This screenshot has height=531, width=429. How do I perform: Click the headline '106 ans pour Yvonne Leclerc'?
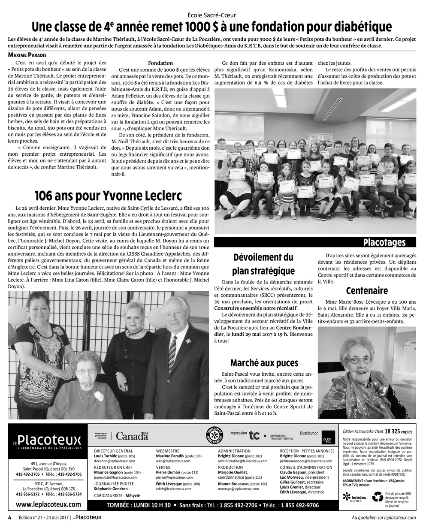(x=108, y=196)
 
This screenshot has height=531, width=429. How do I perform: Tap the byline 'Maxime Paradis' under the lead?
(x=26, y=54)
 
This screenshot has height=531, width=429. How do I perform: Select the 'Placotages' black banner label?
(x=384, y=242)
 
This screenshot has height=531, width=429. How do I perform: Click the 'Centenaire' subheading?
(x=366, y=291)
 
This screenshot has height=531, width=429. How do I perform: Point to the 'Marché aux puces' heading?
(x=264, y=363)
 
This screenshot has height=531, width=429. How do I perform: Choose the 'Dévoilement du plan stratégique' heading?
(x=263, y=264)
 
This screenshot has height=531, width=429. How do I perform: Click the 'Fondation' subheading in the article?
(x=160, y=63)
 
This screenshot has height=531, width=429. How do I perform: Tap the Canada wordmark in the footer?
(x=132, y=436)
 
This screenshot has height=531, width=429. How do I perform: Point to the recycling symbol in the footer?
(x=378, y=497)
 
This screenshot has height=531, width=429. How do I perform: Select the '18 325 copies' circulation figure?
(x=400, y=430)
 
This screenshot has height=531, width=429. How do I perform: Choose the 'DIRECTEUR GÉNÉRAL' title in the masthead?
(x=113, y=451)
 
